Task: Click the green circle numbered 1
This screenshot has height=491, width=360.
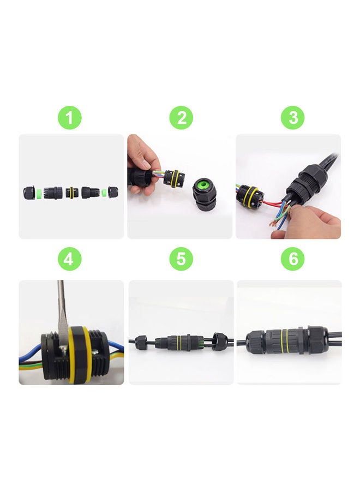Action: tap(69, 118)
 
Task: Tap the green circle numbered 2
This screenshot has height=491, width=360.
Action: tap(181, 118)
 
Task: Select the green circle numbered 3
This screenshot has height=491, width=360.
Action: tap(293, 118)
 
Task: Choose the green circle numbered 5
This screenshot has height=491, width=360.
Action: tap(181, 259)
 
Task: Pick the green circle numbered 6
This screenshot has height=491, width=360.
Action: tap(293, 259)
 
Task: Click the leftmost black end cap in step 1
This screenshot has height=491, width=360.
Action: tap(29, 193)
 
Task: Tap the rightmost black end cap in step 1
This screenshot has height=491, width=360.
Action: tap(113, 193)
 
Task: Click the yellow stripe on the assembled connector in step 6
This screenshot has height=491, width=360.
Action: tap(283, 342)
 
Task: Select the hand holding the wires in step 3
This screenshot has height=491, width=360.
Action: tap(311, 221)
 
